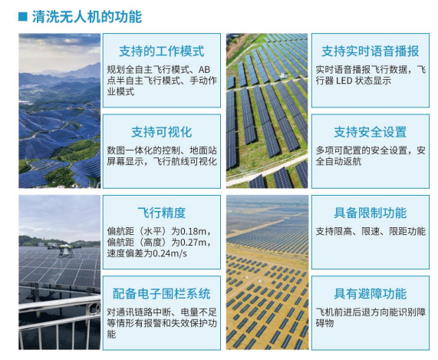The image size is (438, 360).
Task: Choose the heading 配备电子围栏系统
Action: click(x=161, y=293)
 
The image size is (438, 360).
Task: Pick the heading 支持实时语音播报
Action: click(x=370, y=51)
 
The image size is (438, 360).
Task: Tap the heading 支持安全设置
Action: click(x=370, y=132)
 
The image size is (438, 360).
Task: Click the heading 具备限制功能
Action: click(x=370, y=213)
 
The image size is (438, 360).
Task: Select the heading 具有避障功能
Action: click(x=370, y=293)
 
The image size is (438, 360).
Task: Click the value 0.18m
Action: click(x=196, y=231)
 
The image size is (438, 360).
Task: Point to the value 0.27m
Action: click(x=196, y=243)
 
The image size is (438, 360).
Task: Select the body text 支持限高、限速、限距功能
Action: click(x=370, y=231)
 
